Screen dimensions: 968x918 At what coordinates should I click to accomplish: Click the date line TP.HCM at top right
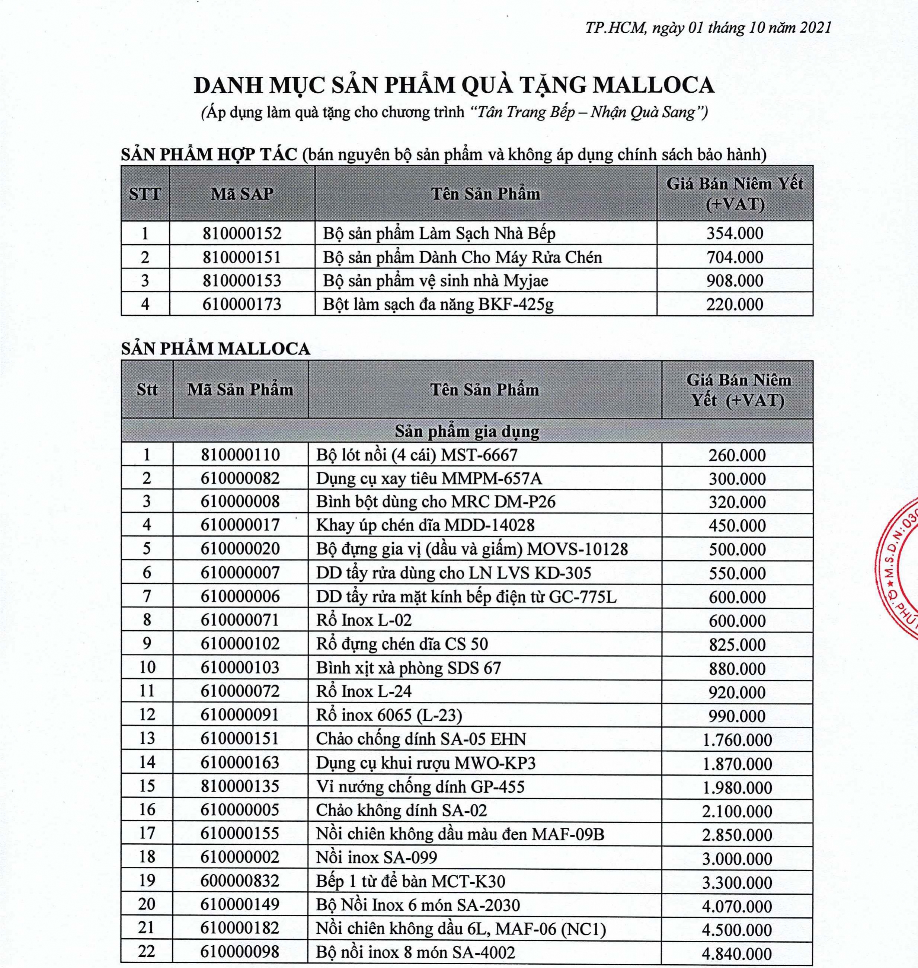click(x=708, y=28)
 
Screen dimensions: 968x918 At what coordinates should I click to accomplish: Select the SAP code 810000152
click(x=242, y=233)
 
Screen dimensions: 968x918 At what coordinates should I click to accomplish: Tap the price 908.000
click(x=735, y=281)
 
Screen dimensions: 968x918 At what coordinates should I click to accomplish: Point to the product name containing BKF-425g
click(x=438, y=305)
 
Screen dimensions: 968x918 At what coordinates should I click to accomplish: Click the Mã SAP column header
click(x=242, y=194)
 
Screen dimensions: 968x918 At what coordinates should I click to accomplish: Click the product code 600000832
click(x=240, y=881)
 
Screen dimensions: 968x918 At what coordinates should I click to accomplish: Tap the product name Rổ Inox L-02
click(x=364, y=620)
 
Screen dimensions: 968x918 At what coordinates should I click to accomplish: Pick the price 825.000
click(x=737, y=644)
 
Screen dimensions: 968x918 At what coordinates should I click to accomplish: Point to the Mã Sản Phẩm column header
click(x=240, y=390)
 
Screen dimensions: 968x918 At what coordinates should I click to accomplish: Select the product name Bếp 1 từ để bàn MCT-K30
click(x=410, y=881)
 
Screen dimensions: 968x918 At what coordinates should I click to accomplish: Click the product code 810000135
click(x=240, y=786)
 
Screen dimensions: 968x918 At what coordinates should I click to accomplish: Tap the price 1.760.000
click(x=737, y=739)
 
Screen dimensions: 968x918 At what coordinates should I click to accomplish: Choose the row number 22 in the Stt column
click(x=147, y=951)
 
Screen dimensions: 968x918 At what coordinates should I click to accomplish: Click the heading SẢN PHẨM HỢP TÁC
click(x=209, y=155)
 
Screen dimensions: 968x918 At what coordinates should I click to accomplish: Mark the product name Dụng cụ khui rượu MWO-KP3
click(x=426, y=763)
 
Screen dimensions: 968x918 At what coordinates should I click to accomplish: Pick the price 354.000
click(x=735, y=233)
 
